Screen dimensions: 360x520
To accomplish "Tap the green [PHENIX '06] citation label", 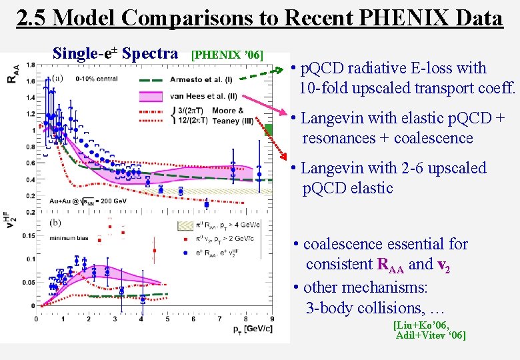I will pyautogui.click(x=227, y=53).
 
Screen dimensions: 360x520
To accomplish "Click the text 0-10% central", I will pyautogui.click(x=96, y=78).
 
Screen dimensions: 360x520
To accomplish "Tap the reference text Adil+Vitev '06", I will pyautogui.click(x=430, y=335).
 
